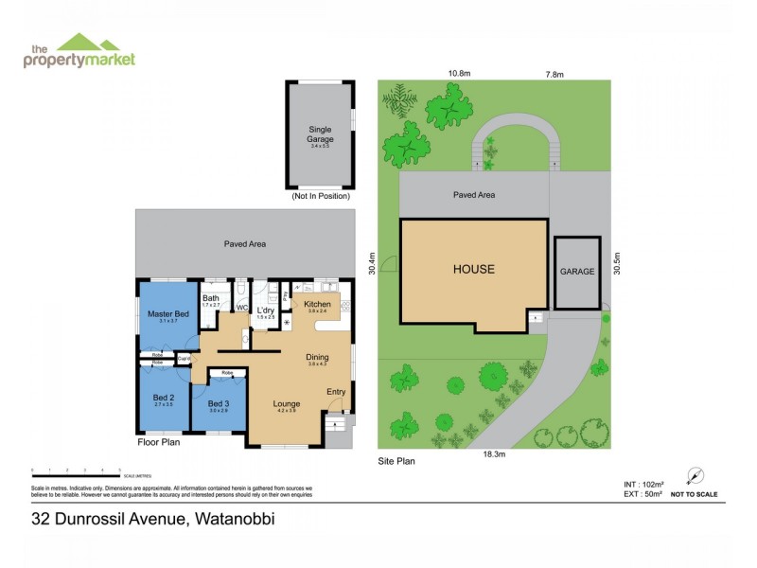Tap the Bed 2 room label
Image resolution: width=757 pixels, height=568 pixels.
point(164,397)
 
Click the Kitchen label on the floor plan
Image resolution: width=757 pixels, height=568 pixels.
point(317,304)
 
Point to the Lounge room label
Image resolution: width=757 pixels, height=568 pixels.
point(287,402)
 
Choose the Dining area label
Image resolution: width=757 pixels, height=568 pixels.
point(317,357)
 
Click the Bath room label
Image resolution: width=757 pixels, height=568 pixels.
point(210,298)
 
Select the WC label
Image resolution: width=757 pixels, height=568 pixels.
point(241,308)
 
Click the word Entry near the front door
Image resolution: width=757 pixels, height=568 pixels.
point(336,392)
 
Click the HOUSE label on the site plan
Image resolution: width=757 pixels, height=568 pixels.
point(473,269)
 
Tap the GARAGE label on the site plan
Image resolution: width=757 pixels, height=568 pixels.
point(577,272)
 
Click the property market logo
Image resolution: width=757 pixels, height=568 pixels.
point(79,51)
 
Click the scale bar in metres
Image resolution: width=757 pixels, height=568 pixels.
point(76,470)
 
